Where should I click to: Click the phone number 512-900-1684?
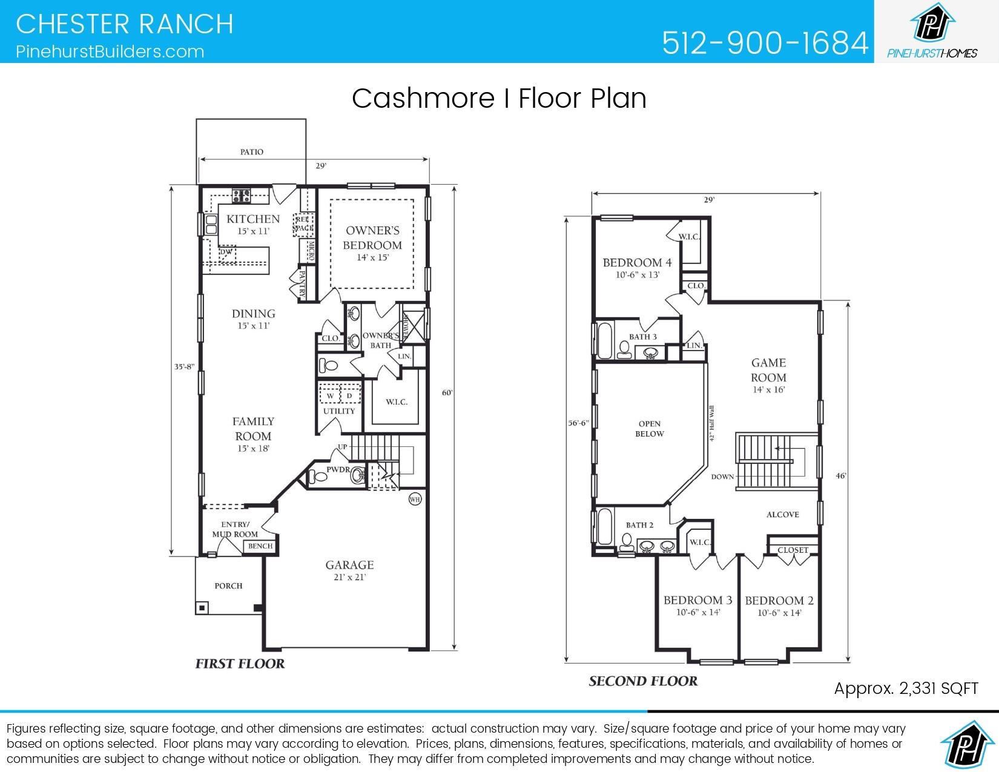click(765, 42)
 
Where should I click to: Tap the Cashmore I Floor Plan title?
click(499, 98)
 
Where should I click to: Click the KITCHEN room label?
click(253, 219)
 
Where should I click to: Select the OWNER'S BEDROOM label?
click(372, 238)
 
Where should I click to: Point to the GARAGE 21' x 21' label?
click(349, 569)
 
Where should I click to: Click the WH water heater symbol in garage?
click(415, 500)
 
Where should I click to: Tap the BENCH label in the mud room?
click(260, 546)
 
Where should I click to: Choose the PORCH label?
click(228, 586)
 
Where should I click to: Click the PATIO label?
click(251, 152)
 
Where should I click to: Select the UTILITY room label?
click(338, 411)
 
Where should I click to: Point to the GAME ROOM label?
click(768, 370)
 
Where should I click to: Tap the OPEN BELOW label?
click(649, 429)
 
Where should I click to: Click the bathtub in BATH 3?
click(604, 341)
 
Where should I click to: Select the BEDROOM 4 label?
click(637, 263)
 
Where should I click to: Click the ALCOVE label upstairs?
click(782, 515)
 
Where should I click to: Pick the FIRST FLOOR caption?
click(240, 664)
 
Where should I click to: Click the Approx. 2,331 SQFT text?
click(906, 688)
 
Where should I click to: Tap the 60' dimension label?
click(447, 393)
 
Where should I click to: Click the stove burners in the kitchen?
click(242, 195)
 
